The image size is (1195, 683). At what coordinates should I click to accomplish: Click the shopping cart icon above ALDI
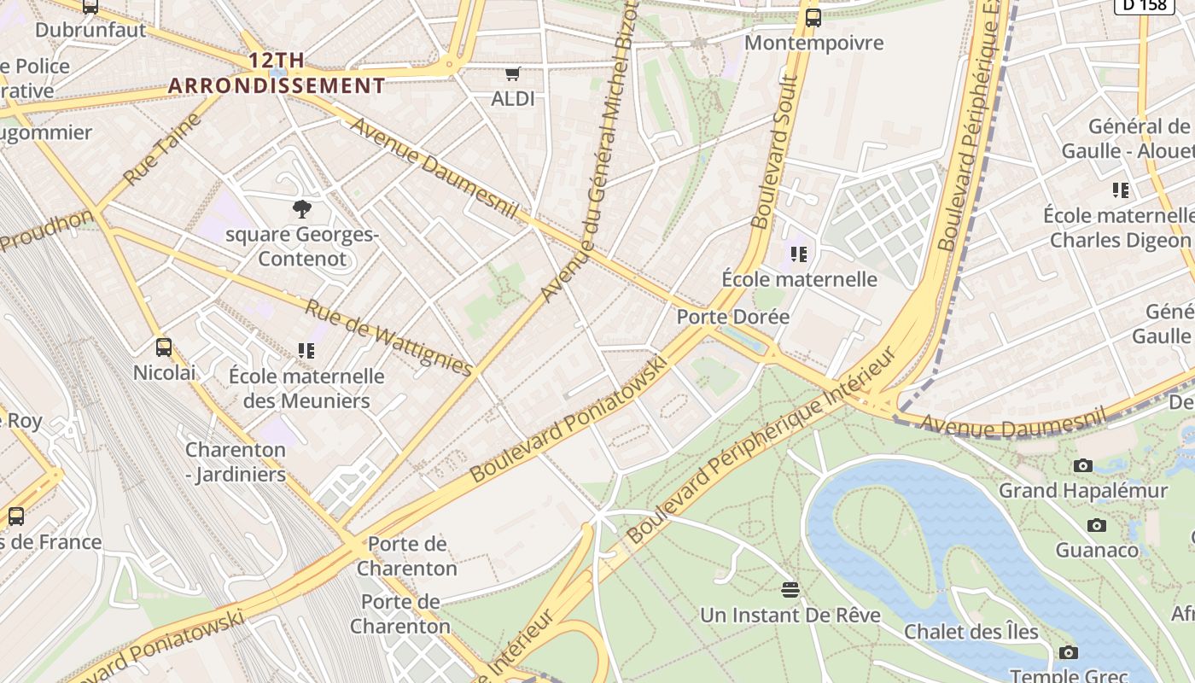pos(512,74)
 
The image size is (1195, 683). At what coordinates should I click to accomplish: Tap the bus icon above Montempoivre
pos(813,17)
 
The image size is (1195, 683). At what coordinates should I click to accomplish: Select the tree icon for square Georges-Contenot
pos(301,208)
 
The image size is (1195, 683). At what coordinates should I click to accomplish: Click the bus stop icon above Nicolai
pos(164,347)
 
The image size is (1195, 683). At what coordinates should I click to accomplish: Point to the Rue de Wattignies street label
pos(388,338)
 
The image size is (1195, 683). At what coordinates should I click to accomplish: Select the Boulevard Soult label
pos(775,154)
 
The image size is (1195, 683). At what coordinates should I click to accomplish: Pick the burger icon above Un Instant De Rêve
pos(790,590)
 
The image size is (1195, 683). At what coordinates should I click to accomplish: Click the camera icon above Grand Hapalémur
pos(1083,465)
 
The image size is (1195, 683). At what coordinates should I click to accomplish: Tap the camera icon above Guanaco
pos(1097,525)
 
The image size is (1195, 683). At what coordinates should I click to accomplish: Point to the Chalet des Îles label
pos(971,632)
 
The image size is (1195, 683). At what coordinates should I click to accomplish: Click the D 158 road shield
pos(1144,5)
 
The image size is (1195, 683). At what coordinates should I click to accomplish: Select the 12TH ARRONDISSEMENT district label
pos(277,73)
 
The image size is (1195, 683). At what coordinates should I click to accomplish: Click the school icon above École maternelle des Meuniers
pos(306,351)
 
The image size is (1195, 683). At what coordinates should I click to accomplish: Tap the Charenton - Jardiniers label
pos(236,462)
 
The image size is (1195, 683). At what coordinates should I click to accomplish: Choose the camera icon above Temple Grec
pos(1068,653)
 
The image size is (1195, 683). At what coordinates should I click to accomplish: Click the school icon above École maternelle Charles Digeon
pos(1121,190)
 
